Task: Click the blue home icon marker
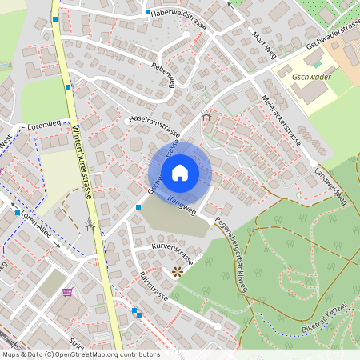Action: tap(180, 172)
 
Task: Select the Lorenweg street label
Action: tap(44, 126)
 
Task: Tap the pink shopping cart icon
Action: tap(69, 292)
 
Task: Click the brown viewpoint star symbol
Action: tap(178, 272)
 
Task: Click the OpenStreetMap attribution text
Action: tap(80, 354)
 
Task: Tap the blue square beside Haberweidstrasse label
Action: tap(148, 12)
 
